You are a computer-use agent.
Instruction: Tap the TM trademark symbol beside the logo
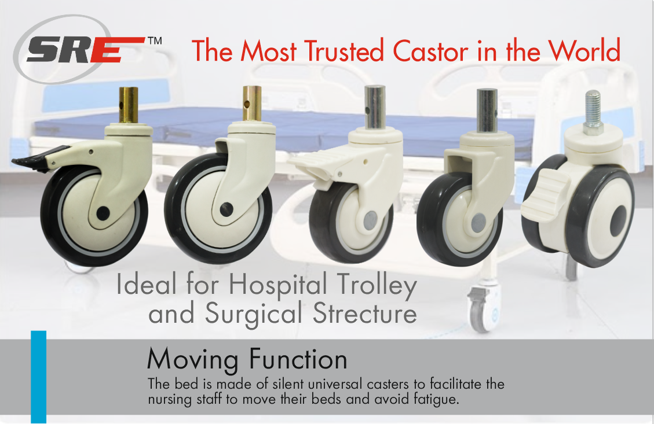coord(155,41)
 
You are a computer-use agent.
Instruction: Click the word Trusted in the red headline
coord(344,51)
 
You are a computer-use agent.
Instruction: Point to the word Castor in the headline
coord(430,51)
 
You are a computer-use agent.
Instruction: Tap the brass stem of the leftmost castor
coord(129,105)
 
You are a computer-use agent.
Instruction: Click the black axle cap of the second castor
coord(226,209)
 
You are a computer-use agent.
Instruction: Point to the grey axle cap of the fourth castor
coord(478,222)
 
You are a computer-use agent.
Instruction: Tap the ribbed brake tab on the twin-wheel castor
coord(546,195)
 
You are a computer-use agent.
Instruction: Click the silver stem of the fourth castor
coord(487,110)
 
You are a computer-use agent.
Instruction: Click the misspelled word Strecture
coord(365,313)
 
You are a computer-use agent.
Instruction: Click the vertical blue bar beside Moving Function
coord(38,377)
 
